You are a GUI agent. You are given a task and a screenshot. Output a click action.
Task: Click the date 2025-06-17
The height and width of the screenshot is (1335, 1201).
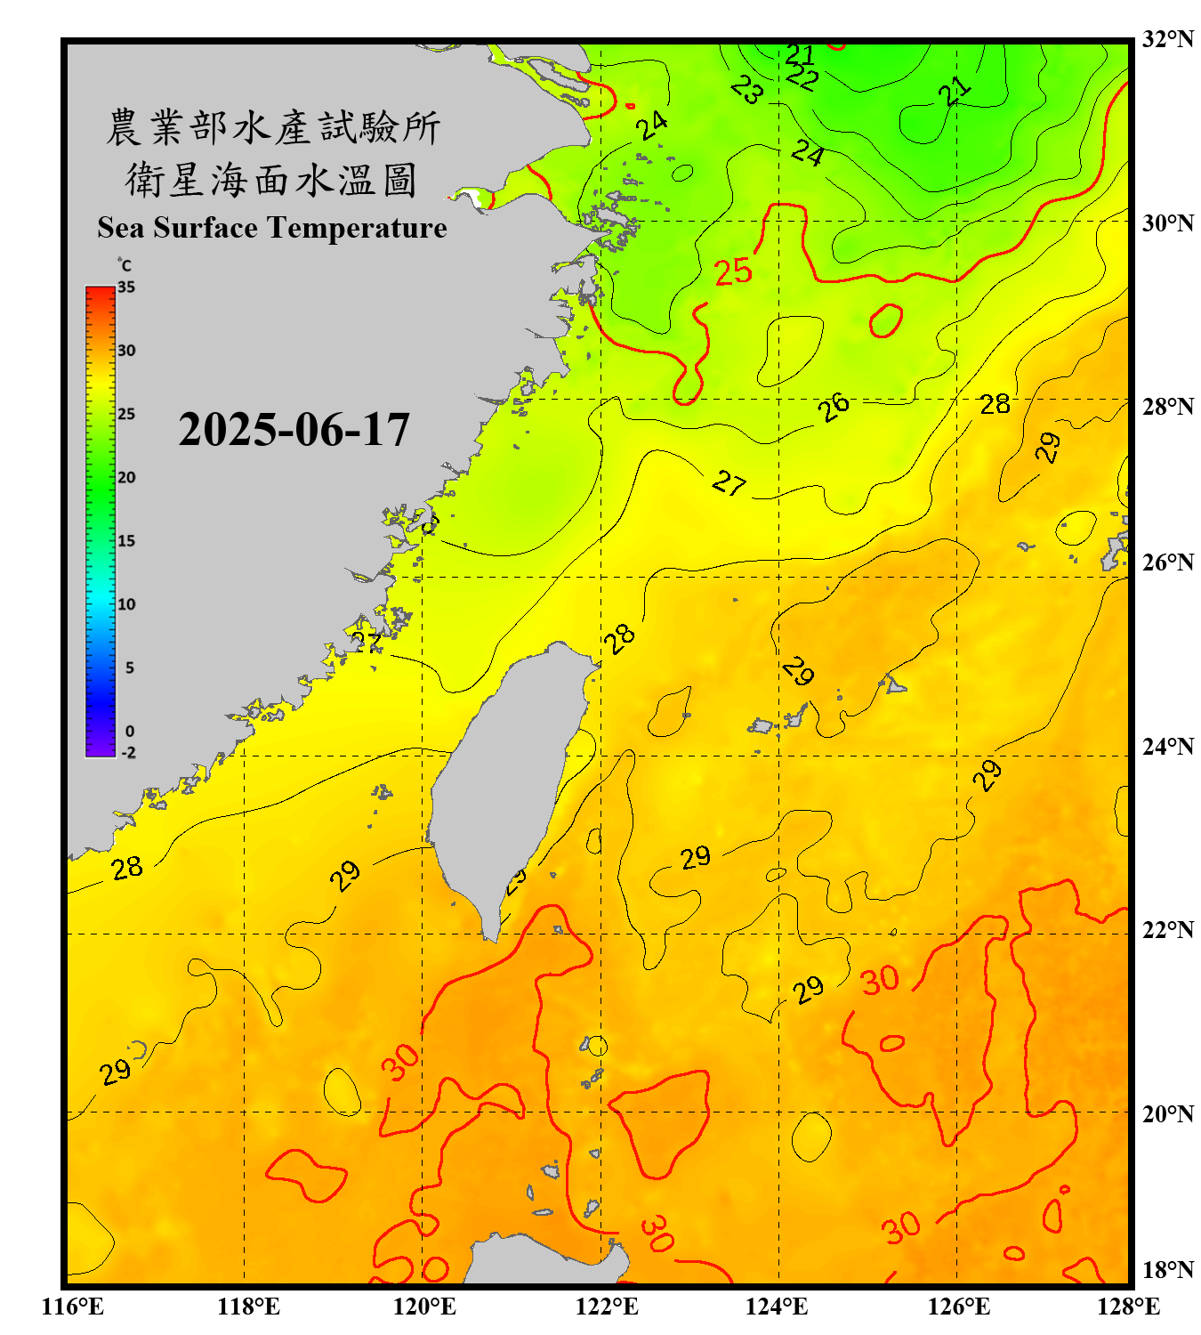[294, 430]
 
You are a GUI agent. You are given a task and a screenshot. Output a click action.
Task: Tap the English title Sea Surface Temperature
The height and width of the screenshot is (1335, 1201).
[271, 228]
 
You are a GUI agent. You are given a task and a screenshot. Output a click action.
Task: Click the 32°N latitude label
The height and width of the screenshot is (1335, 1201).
[1167, 39]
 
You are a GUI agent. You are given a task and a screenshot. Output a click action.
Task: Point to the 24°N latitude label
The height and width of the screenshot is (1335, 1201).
[1167, 746]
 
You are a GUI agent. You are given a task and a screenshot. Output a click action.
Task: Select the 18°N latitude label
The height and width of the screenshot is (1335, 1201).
[1167, 1270]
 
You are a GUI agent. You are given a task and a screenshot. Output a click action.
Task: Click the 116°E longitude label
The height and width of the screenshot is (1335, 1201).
[72, 1307]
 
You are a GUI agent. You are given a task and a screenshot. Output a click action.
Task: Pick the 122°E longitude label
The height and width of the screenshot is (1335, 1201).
[607, 1307]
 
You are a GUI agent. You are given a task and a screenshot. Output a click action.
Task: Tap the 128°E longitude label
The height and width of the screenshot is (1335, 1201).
[1128, 1307]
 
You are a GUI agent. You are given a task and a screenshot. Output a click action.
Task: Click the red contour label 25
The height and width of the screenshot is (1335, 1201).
[734, 271]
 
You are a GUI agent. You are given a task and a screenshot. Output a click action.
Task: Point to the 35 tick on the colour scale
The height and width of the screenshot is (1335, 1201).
[126, 287]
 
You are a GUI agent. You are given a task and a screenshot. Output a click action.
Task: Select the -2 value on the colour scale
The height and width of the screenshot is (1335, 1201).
[128, 752]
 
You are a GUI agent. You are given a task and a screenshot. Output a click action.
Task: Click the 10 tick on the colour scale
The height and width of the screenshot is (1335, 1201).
[126, 604]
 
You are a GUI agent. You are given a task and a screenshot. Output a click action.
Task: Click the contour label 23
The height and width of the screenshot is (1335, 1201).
[747, 89]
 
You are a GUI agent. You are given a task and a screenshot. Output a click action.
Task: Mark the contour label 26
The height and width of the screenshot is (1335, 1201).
[834, 408]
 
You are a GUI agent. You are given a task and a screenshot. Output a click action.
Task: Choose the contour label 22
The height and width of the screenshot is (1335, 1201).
[802, 77]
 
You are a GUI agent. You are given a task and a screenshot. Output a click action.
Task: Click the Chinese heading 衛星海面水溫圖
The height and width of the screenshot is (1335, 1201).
[271, 180]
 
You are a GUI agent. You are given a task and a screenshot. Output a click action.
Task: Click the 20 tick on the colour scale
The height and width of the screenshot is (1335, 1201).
[126, 477]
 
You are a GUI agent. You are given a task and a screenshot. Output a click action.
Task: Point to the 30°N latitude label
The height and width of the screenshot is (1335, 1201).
[1167, 222]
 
